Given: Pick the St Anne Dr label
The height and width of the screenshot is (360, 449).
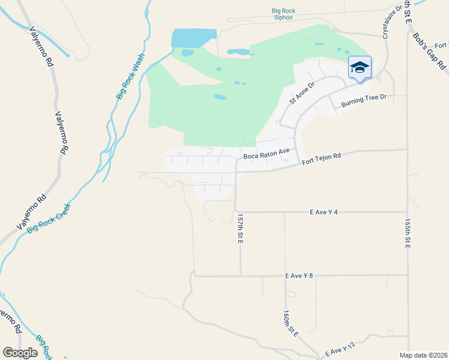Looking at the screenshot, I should point(301,94).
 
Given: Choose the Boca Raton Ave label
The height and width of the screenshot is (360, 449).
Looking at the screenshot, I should point(267,155).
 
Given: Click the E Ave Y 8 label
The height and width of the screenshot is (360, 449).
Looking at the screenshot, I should point(300,276).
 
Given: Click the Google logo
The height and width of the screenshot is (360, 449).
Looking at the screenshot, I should point(20,352).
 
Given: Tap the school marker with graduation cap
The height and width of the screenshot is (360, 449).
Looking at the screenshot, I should point(360,68).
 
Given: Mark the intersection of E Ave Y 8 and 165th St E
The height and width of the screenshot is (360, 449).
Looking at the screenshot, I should point(408,277).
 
